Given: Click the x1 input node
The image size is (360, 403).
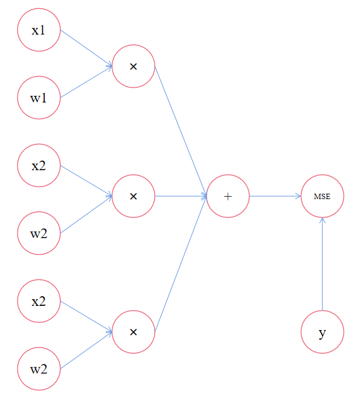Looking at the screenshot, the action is [x=39, y=30].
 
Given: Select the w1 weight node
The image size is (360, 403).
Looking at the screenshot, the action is [x=39, y=98].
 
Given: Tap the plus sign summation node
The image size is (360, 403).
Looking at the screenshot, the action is [x=228, y=196].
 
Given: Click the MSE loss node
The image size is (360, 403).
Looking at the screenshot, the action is [x=322, y=196].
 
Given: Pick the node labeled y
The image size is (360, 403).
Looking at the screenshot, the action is [x=322, y=332].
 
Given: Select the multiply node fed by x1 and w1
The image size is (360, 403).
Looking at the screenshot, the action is [x=133, y=66].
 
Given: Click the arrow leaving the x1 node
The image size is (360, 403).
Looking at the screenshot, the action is [x=86, y=48].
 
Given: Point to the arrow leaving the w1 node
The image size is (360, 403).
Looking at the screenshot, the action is [x=86, y=82].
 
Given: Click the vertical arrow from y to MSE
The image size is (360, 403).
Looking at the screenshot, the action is [x=322, y=264].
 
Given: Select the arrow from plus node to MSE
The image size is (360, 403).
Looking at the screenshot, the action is [x=275, y=196].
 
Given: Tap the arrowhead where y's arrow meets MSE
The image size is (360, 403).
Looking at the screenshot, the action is [x=322, y=220].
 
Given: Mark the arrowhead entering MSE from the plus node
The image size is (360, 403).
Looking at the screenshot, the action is [x=298, y=196].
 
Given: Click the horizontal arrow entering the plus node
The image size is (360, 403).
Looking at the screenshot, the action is [x=181, y=196].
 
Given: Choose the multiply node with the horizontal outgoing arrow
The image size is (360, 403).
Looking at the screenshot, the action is [x=133, y=196].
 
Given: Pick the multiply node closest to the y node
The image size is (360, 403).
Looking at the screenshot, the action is [x=133, y=332].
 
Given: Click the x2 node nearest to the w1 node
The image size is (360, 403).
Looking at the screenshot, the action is [x=39, y=165].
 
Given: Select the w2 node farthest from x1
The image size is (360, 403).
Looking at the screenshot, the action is [x=39, y=369].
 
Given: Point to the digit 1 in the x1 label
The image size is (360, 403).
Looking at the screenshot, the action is [x=42, y=30].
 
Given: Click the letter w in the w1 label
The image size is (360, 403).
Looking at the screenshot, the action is [x=35, y=99].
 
